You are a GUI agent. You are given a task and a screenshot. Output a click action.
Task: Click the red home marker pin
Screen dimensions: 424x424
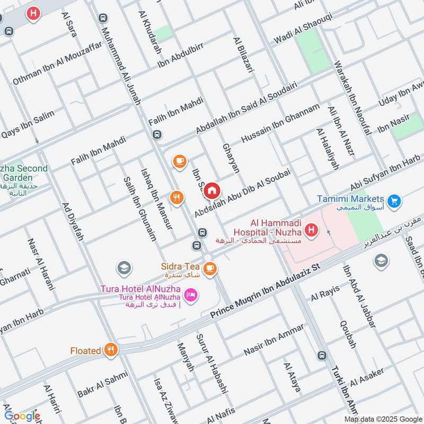coord(212,190)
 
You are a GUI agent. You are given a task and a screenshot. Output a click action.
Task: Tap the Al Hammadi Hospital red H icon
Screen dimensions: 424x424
coord(312,231)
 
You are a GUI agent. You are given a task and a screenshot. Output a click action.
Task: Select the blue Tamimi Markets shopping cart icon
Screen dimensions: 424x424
coord(393,201)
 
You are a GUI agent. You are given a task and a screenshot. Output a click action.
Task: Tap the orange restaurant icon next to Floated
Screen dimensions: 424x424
coord(111,350)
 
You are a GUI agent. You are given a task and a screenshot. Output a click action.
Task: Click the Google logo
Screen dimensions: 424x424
coord(22,416)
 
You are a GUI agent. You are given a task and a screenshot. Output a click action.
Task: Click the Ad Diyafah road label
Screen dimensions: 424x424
coord(73,221)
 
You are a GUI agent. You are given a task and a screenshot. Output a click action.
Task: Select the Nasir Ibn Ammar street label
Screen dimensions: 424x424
coord(273,340)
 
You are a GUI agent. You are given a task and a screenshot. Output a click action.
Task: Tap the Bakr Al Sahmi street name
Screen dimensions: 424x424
coord(102,384)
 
